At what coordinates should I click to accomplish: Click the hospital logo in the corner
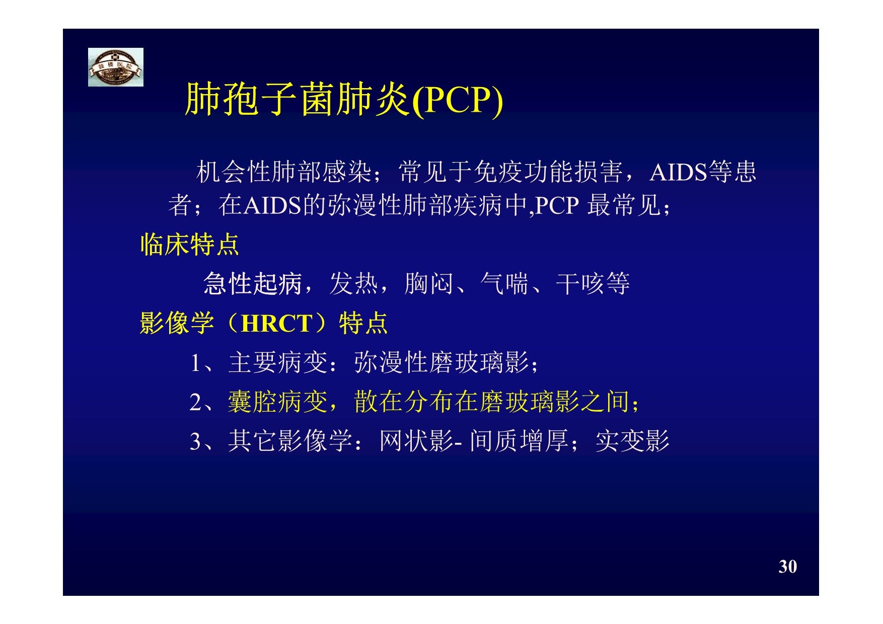point(116,67)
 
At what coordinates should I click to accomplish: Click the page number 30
point(788,567)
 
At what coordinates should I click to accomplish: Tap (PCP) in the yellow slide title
point(457,100)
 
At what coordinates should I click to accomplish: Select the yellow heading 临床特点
point(190,245)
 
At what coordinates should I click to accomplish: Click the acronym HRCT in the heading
point(277,324)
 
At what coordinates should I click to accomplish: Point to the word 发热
point(354,283)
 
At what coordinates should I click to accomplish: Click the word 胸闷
point(429,283)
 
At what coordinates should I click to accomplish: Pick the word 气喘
point(504,283)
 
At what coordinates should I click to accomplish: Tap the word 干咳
point(580,283)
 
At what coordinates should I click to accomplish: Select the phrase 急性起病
point(252,283)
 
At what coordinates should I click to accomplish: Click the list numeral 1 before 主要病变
point(195,363)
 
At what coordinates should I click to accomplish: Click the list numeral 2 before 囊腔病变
point(195,402)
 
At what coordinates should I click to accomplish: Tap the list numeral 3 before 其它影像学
point(195,441)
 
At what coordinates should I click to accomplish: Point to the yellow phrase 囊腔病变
point(277,402)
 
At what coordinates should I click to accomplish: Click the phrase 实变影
point(632,441)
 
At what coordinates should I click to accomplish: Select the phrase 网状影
point(416,441)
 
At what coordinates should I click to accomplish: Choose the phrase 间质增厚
point(519,441)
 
